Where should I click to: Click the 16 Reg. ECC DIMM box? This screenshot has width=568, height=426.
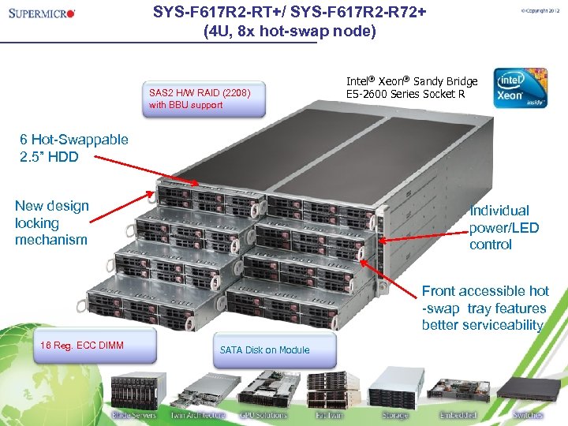point(95,346)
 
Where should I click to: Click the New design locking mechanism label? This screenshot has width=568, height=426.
point(52,222)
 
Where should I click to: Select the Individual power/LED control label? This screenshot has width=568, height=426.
point(504,227)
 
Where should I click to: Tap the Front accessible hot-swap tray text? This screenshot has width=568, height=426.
point(484,308)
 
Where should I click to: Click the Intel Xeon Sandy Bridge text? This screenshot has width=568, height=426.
point(412,88)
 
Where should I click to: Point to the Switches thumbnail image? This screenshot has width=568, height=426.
point(527,389)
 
